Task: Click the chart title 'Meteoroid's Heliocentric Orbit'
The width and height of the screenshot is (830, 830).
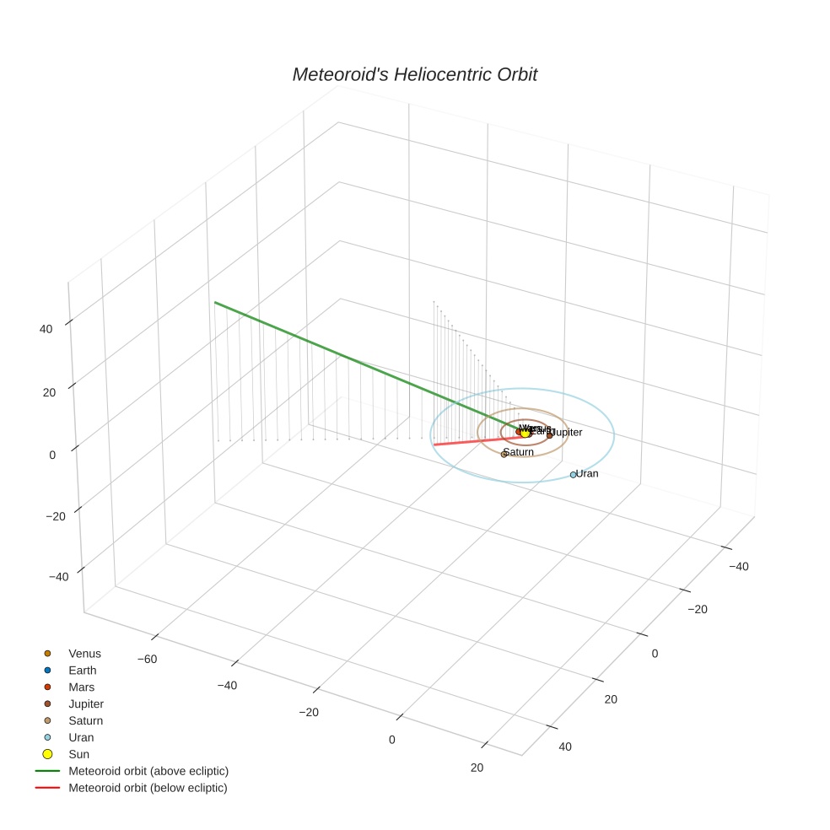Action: tap(414, 74)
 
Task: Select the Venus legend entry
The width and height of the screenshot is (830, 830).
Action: tap(84, 654)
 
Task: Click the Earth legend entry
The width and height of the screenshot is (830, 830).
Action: tap(82, 671)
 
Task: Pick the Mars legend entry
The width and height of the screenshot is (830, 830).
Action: tap(81, 687)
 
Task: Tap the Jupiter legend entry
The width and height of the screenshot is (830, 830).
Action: tap(85, 704)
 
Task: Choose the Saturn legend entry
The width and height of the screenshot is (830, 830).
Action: tap(85, 721)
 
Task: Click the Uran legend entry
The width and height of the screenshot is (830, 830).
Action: tap(81, 737)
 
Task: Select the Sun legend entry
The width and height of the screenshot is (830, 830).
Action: tap(78, 754)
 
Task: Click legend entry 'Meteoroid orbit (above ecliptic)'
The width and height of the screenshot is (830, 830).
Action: tap(148, 771)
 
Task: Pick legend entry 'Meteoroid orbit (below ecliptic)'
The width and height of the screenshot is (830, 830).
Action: tap(148, 788)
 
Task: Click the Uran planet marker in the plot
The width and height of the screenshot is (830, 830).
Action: tap(573, 475)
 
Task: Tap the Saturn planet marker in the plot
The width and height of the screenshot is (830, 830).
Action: tap(504, 455)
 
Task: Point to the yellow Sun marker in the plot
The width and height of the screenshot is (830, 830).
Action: tap(525, 433)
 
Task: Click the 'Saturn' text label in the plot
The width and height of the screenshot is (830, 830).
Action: tap(519, 452)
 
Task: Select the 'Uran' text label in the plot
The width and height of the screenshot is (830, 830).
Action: tap(587, 474)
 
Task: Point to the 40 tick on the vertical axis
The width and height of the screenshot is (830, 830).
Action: tap(46, 329)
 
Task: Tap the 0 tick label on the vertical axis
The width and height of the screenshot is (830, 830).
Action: tap(52, 455)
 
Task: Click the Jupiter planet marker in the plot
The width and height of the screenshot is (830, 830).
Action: tap(549, 435)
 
